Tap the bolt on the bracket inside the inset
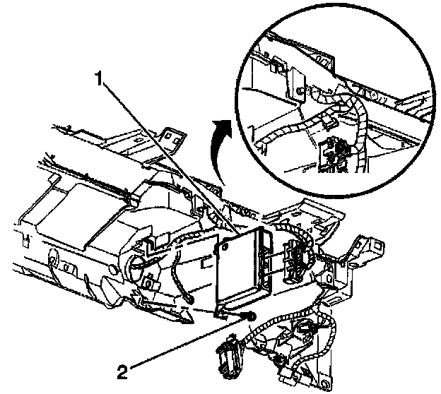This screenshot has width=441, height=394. [302, 92]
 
